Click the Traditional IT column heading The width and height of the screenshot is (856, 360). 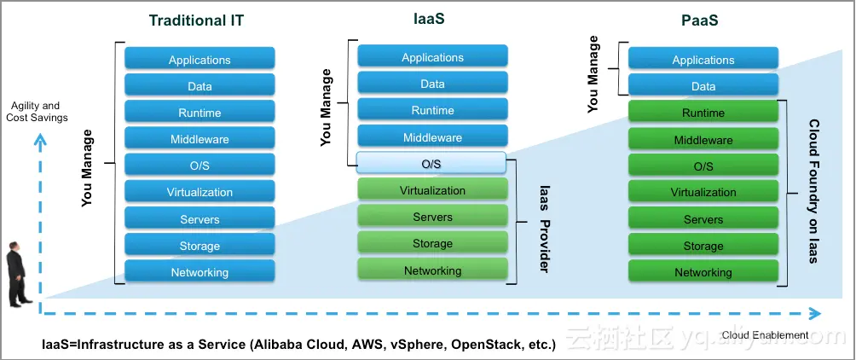tap(196, 20)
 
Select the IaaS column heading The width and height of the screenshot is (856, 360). tap(432, 18)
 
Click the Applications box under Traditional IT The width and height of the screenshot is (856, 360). tap(200, 60)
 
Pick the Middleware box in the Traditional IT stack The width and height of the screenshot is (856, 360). tap(200, 140)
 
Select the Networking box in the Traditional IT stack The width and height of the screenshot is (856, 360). tap(200, 272)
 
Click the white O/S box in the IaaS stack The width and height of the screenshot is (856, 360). tap(431, 164)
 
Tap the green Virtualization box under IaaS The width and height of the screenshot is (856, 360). tap(432, 190)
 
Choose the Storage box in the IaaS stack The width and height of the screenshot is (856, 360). tap(432, 243)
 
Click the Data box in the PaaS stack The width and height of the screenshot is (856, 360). tap(703, 86)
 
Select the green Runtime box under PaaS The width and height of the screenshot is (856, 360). tap(703, 113)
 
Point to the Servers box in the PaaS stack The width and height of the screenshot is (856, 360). tap(703, 219)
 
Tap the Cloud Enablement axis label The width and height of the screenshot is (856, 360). tap(765, 335)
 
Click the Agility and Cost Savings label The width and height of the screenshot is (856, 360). tap(37, 112)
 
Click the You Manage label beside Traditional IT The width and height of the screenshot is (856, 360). tap(87, 168)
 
